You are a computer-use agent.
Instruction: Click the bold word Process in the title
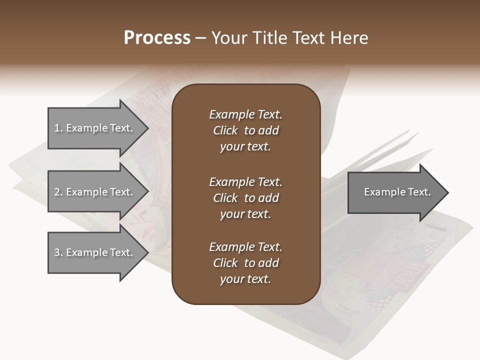point(157,38)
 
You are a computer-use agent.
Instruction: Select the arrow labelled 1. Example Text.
point(95,128)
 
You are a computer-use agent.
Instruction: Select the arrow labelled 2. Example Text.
point(95,192)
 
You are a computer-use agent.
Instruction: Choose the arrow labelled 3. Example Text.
point(95,252)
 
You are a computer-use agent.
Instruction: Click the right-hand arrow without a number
point(395,192)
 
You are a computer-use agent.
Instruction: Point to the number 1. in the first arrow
point(58,128)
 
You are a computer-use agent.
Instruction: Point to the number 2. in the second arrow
point(58,192)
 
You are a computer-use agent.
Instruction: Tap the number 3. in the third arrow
point(58,252)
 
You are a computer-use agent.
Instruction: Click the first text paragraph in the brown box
point(245,130)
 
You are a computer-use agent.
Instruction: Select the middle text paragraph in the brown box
point(245,198)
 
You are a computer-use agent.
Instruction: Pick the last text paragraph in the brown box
point(245,263)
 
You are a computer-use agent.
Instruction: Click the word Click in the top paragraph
point(225,130)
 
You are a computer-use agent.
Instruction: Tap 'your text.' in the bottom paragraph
point(245,279)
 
